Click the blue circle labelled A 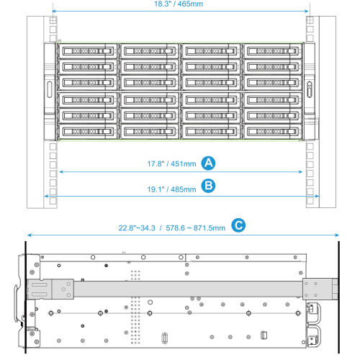(x=208, y=163)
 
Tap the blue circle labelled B (x=208, y=186)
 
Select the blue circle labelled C (x=238, y=225)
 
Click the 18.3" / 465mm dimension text (x=179, y=4)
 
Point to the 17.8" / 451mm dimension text (x=171, y=164)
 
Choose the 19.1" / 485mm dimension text (x=171, y=189)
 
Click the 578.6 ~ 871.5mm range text (x=196, y=228)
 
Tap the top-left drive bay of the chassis (x=88, y=51)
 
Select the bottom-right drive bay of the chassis (x=273, y=132)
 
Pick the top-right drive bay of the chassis (x=273, y=51)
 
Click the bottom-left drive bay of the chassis (x=88, y=132)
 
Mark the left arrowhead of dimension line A (x=61, y=172)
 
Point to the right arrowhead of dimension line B (x=317, y=197)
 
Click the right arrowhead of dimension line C (x=337, y=235)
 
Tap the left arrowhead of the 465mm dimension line (x=54, y=11)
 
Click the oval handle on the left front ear (x=50, y=89)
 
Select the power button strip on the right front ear (x=310, y=89)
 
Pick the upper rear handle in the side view (x=314, y=312)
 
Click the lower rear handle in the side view (x=314, y=336)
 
